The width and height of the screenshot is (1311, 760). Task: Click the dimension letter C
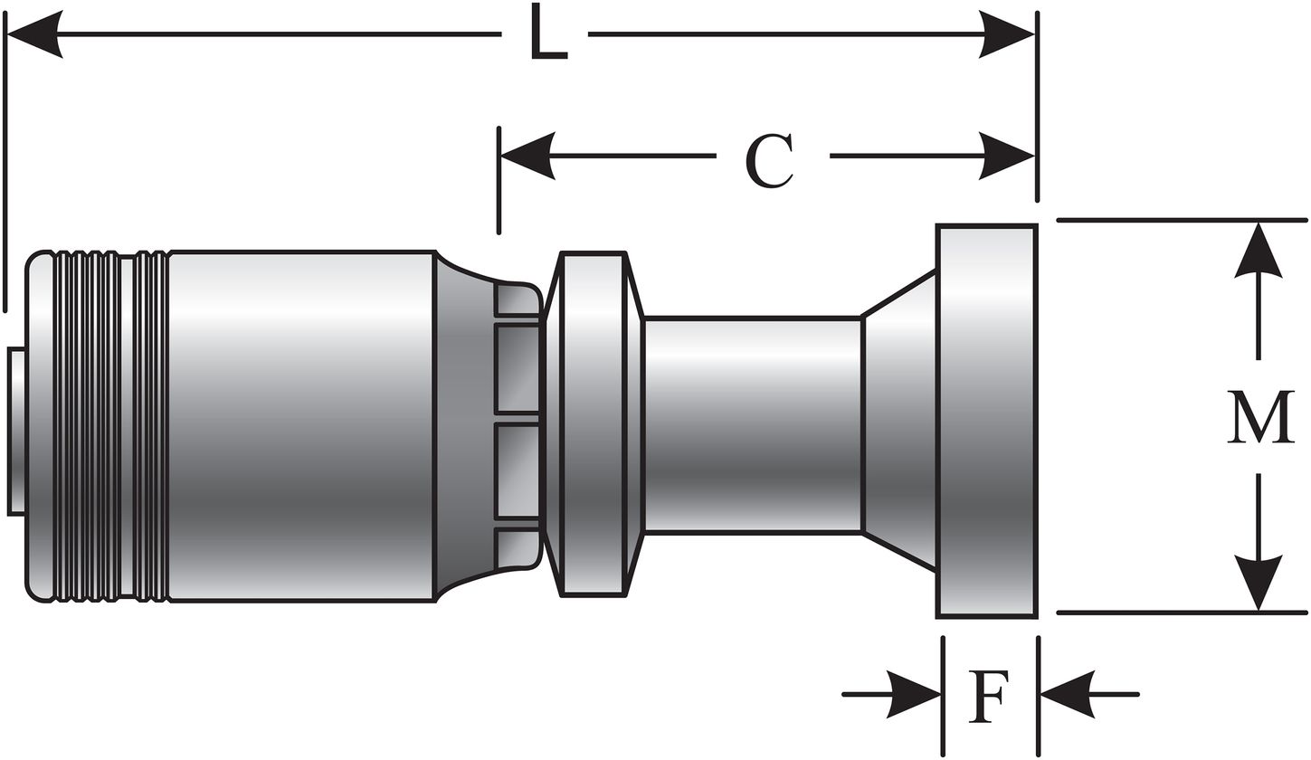pyautogui.click(x=770, y=162)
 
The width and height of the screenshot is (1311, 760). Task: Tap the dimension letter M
pyautogui.click(x=1260, y=417)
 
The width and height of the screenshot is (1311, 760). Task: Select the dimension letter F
pyautogui.click(x=988, y=696)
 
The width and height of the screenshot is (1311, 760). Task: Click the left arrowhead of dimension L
pyautogui.click(x=34, y=34)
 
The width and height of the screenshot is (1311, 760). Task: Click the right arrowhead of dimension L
pyautogui.click(x=1007, y=34)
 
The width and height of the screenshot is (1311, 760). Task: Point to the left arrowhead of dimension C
pyautogui.click(x=527, y=156)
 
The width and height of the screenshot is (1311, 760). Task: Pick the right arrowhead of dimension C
pyautogui.click(x=1007, y=156)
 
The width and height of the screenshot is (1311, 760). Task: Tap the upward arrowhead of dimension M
pyautogui.click(x=1259, y=251)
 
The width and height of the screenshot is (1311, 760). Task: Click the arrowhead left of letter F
pyautogui.click(x=914, y=694)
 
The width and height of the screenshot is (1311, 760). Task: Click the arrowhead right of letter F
pyautogui.click(x=1069, y=694)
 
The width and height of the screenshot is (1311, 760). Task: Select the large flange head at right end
pyautogui.click(x=986, y=421)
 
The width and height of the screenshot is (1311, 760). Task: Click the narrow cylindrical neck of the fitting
pyautogui.click(x=752, y=424)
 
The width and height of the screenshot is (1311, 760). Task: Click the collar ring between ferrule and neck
pyautogui.click(x=593, y=424)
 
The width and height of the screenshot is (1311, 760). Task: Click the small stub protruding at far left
pyautogui.click(x=16, y=432)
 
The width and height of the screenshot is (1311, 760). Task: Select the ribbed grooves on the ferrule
pyautogui.click(x=109, y=424)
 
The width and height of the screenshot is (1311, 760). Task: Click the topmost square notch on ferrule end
pyautogui.click(x=517, y=299)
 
